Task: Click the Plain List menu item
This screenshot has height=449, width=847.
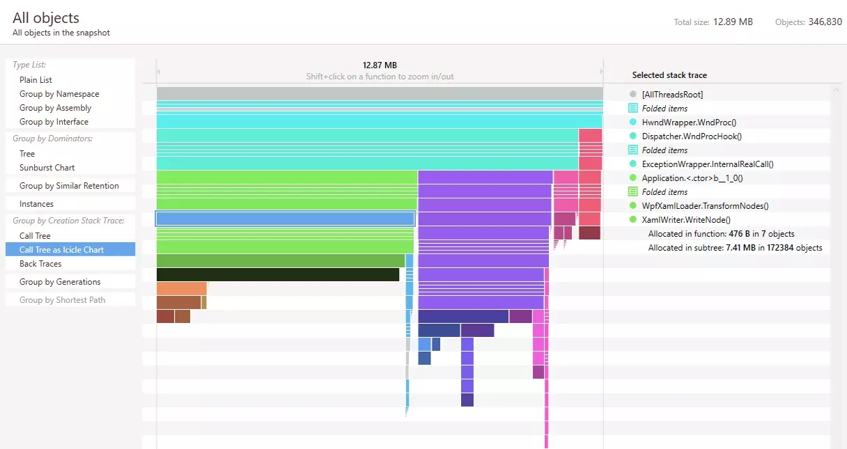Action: click(36, 80)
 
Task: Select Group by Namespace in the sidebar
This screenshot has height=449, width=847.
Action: click(59, 94)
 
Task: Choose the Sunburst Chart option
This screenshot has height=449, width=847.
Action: click(47, 168)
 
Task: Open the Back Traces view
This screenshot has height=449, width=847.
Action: click(40, 264)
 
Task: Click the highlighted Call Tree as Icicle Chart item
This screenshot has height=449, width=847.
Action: click(61, 250)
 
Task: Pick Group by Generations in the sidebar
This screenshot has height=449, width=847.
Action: click(60, 282)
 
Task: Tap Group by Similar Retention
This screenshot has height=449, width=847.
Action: click(69, 186)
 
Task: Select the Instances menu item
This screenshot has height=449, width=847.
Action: click(36, 204)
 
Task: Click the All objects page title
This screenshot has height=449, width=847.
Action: click(46, 18)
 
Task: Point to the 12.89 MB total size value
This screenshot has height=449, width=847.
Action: click(733, 22)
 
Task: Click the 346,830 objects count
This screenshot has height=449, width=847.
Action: click(825, 22)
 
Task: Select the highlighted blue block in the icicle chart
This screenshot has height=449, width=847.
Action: click(285, 219)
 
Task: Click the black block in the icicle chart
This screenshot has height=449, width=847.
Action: click(277, 274)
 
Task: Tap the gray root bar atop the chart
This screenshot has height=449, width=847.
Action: click(380, 93)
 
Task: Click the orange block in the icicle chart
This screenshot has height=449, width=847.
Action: click(181, 288)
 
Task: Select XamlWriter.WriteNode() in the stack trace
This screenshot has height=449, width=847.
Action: click(686, 219)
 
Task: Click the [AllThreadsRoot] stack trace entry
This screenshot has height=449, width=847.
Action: click(672, 94)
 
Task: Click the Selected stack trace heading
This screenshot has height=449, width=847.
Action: click(669, 75)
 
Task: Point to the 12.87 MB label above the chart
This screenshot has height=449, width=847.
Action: click(380, 65)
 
